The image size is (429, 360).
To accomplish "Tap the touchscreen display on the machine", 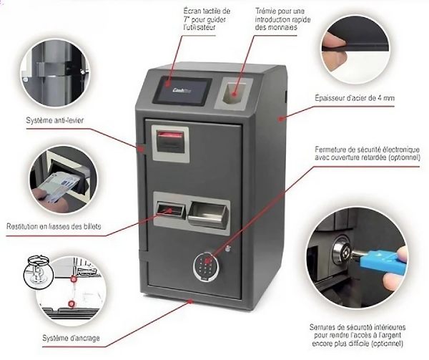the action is coord(182,91).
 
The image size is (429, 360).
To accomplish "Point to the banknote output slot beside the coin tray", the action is coord(170,210).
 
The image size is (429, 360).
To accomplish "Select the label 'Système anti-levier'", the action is coord(55,120).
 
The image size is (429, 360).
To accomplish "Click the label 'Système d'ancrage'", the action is coord(71,339).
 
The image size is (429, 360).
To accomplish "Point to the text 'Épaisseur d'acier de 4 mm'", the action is coord(355,98).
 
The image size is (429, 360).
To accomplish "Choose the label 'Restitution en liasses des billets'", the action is coord(54,227).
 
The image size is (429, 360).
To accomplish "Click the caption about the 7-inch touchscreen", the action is coord(207,19).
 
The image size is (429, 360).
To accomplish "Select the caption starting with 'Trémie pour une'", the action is coord(282,19).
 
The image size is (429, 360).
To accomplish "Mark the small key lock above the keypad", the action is coord(227,248).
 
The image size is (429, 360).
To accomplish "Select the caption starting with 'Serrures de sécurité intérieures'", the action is coord(357,335).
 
